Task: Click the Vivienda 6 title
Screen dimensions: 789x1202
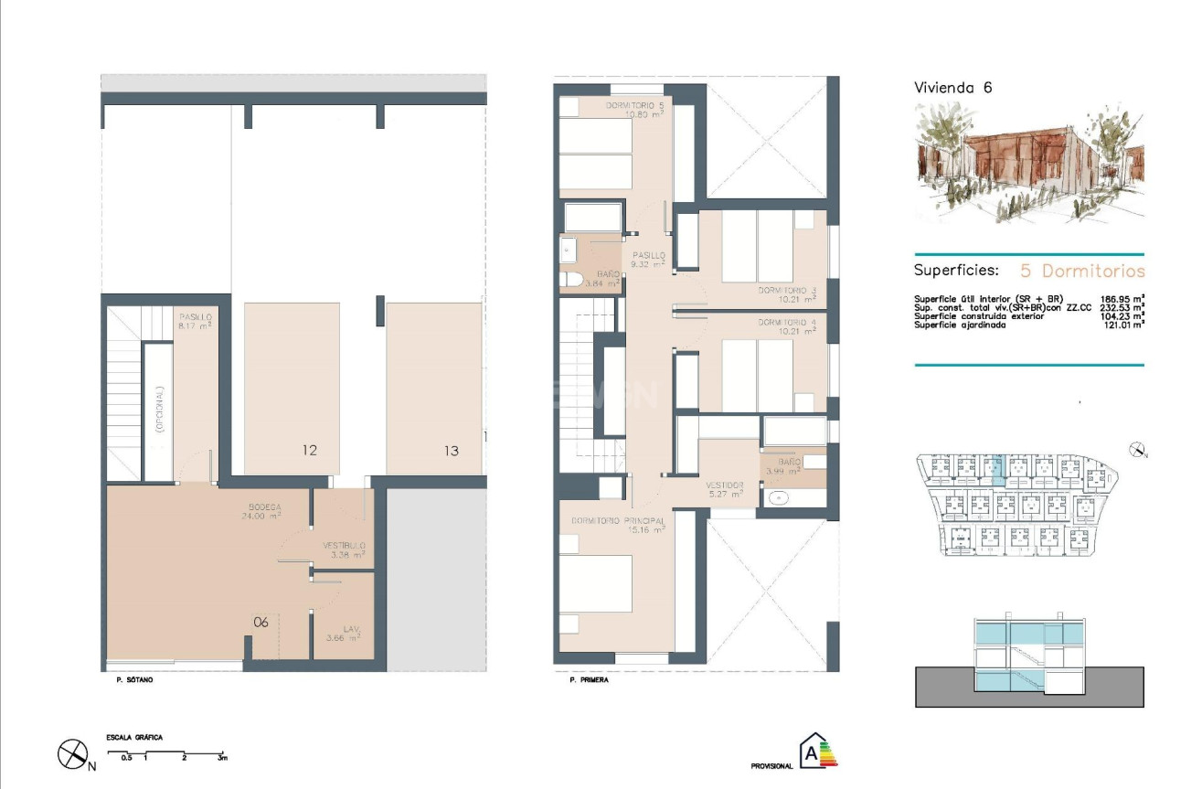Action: point(952,88)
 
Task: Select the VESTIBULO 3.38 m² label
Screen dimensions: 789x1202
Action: point(344,549)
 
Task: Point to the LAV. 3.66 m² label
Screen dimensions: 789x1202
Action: point(343,634)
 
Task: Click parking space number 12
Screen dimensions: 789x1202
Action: point(310,450)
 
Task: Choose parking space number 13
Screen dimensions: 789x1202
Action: point(451,450)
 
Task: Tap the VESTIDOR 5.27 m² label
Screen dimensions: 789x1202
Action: point(724,489)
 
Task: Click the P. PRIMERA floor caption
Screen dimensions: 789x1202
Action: point(588,680)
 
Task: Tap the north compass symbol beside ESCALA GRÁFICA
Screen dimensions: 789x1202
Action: point(72,754)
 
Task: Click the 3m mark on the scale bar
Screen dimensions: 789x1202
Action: point(222,759)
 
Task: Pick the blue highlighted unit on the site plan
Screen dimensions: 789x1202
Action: point(998,468)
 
